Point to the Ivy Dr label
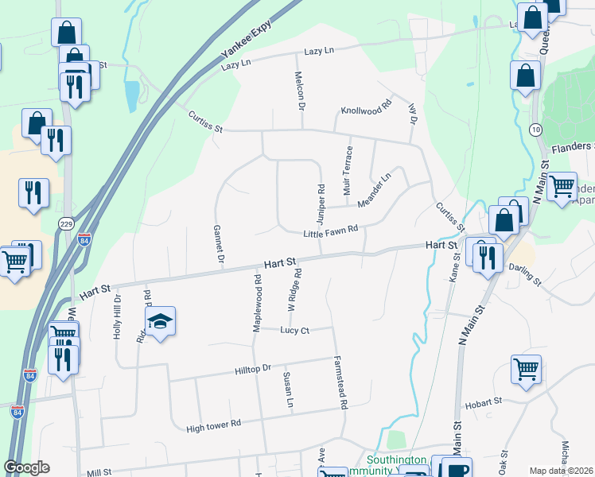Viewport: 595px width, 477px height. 412,111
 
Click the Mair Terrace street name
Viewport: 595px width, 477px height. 348,172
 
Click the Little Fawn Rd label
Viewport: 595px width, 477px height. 331,232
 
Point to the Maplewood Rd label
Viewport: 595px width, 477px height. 257,303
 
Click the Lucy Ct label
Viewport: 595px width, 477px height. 294,330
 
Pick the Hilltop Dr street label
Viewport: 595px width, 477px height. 254,369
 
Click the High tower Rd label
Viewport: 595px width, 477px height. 213,426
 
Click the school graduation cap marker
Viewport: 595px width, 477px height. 160,322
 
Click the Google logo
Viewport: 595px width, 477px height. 26,467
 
